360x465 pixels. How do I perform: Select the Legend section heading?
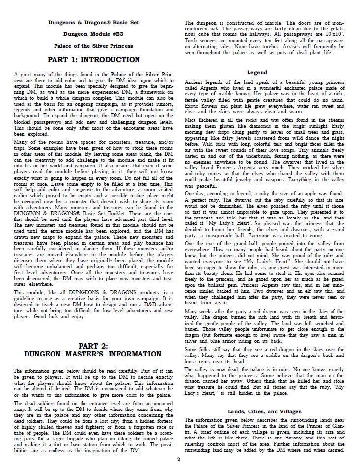pyautogui.click(x=257, y=73)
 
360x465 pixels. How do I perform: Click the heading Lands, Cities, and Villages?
pyautogui.click(x=257, y=411)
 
